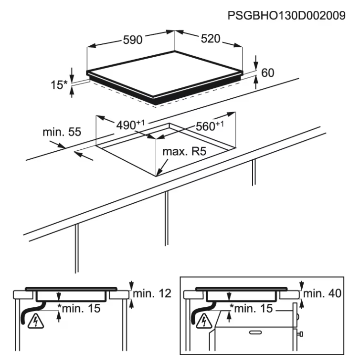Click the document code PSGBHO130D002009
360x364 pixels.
click(286, 16)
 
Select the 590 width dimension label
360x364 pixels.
click(133, 40)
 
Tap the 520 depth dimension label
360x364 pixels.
click(211, 39)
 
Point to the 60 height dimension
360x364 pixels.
click(268, 73)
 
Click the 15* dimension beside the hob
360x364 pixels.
click(59, 85)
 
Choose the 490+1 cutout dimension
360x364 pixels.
click(130, 125)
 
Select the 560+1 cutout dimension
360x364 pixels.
click(210, 126)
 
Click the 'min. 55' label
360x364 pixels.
click(62, 132)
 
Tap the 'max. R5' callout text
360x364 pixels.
click(184, 151)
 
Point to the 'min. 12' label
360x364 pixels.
click(152, 293)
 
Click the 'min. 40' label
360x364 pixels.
click(322, 293)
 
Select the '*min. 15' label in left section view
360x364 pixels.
click(79, 308)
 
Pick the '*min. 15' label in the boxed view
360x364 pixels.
click(251, 308)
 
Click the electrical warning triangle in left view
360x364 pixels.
click(35, 321)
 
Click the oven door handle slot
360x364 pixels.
click(255, 333)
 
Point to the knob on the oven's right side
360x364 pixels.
click(300, 334)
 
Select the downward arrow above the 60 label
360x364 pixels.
click(256, 62)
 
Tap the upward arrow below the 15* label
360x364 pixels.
click(72, 92)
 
